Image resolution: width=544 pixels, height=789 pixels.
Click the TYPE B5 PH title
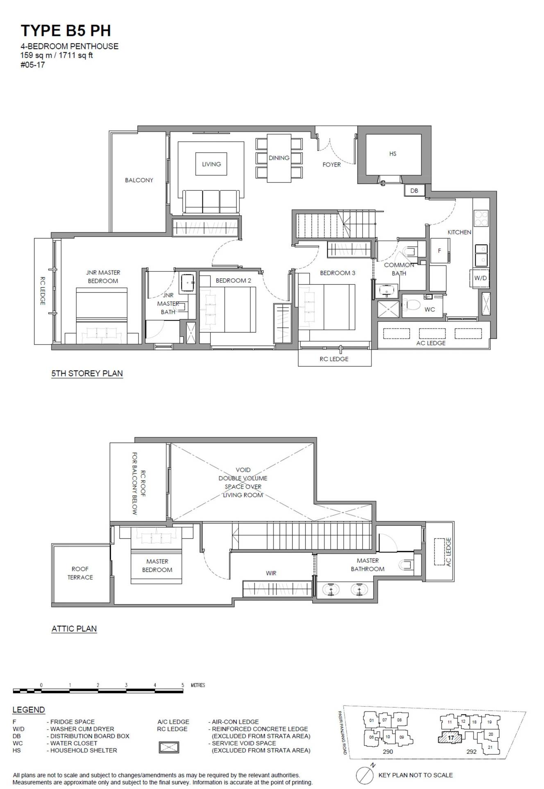66,31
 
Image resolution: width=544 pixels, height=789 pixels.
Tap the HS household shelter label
393,154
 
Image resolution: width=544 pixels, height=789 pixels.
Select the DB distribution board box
414,190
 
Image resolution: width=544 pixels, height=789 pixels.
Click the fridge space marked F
440,250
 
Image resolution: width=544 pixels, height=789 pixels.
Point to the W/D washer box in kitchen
480,278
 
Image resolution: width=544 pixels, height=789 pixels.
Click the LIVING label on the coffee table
211,164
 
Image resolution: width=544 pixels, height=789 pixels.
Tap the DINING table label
279,158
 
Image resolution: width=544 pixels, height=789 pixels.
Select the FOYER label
331,165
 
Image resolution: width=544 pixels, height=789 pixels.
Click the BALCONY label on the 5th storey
139,180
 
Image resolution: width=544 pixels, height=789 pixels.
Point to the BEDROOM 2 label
233,280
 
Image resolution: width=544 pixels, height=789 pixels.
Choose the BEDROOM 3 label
338,273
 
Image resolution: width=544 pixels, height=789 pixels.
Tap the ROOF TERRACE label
80,573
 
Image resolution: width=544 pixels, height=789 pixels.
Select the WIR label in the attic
271,573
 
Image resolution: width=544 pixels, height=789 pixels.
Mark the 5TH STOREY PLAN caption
87,373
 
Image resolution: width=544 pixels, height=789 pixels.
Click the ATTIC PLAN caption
74,629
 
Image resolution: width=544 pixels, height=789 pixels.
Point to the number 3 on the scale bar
126,685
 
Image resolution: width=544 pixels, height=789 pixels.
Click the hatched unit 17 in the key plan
450,738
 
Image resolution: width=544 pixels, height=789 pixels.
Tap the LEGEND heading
29,710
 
